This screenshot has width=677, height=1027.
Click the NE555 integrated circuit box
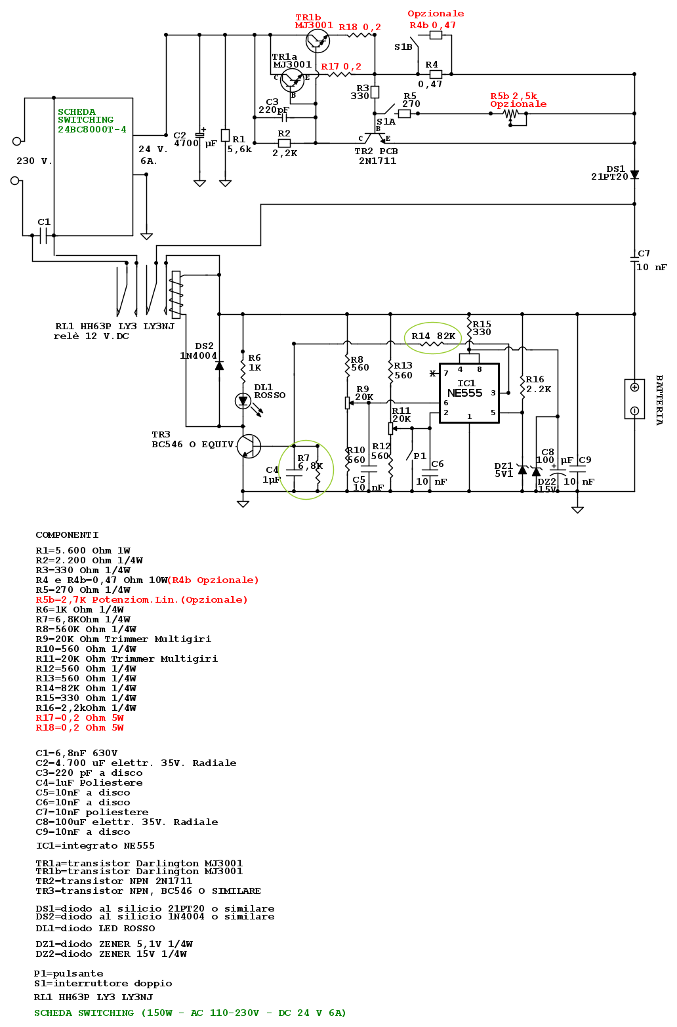pyautogui.click(x=468, y=393)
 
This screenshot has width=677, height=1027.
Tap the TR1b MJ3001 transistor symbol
pyautogui.click(x=318, y=41)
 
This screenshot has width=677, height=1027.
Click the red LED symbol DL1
pyautogui.click(x=243, y=400)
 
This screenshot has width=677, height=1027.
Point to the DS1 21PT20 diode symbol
pyautogui.click(x=634, y=175)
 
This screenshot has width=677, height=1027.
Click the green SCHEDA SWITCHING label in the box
pyautogui.click(x=92, y=121)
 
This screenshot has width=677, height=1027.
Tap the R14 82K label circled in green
pyautogui.click(x=433, y=336)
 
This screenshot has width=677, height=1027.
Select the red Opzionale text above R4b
pyautogui.click(x=436, y=14)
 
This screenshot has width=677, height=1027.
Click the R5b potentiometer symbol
pyautogui.click(x=511, y=114)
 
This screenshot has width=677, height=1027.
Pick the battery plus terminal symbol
pyautogui.click(x=634, y=387)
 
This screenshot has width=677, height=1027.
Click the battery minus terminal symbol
pyautogui.click(x=634, y=411)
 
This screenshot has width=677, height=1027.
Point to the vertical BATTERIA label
pyautogui.click(x=659, y=400)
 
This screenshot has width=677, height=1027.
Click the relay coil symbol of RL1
pyautogui.click(x=176, y=294)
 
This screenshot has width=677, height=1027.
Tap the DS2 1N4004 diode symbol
pyautogui.click(x=219, y=365)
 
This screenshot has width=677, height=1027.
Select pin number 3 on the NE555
pyautogui.click(x=493, y=393)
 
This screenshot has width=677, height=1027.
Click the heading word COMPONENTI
pyautogui.click(x=67, y=535)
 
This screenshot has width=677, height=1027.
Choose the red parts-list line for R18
pyautogui.click(x=79, y=728)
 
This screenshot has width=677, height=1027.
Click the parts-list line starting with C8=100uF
pyautogui.click(x=127, y=822)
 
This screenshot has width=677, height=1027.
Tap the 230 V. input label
pyautogui.click(x=34, y=161)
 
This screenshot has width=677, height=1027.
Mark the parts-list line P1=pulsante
pyautogui.click(x=68, y=974)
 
